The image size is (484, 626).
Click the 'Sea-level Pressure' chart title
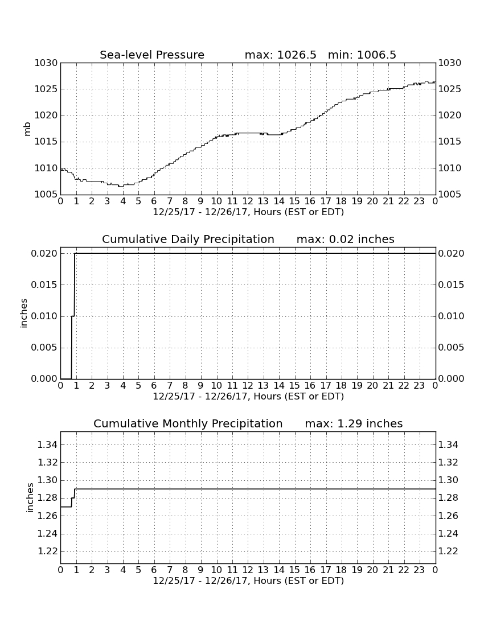[x=152, y=55]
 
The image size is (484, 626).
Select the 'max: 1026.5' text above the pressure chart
[x=280, y=55]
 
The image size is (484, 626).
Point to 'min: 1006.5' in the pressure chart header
[x=362, y=55]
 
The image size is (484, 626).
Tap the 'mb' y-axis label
[x=27, y=129]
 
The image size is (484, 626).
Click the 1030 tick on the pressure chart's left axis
[x=46, y=63]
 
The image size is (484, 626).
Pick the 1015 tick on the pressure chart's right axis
[x=450, y=142]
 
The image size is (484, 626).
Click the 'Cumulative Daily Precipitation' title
[x=188, y=239]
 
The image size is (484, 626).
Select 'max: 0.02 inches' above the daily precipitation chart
[x=346, y=239]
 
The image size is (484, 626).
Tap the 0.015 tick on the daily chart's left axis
[x=44, y=285]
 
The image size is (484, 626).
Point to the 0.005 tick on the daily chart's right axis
[x=451, y=348]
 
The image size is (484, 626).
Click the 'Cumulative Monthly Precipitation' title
[x=188, y=423]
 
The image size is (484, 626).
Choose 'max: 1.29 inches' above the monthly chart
[x=354, y=423]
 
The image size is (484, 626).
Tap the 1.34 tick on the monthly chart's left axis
[x=47, y=445]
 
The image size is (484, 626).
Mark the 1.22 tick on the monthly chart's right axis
[x=449, y=551]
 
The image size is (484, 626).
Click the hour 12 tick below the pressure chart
[x=248, y=201]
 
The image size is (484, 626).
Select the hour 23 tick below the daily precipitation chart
[x=419, y=386]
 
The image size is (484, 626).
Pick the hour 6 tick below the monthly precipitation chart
[x=154, y=570]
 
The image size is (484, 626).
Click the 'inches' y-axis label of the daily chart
[x=23, y=314]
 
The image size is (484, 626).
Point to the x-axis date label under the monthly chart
[x=248, y=581]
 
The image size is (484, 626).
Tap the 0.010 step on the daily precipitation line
[x=73, y=316]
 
